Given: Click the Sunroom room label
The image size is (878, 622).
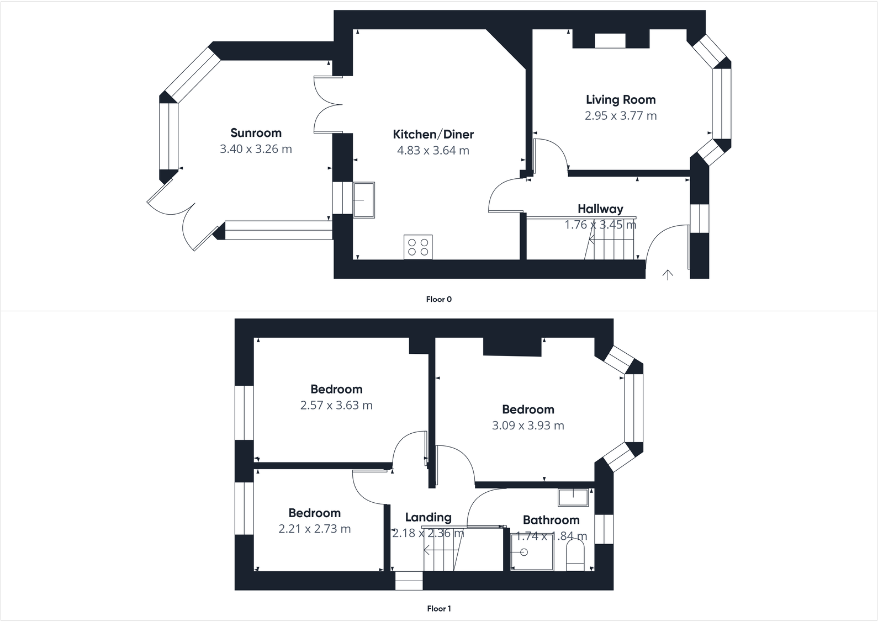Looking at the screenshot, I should point(256,133).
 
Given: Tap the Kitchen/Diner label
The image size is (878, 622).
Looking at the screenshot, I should point(433,134).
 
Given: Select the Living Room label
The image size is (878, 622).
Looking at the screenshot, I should point(621,100).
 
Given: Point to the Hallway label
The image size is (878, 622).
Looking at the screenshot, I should point(600,209).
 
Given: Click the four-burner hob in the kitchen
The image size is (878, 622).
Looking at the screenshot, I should point(418,247).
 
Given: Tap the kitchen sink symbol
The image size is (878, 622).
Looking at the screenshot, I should point(363,200).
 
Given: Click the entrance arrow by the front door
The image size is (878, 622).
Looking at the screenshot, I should point(668,274).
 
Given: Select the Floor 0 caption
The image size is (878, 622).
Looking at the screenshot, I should point(439,300).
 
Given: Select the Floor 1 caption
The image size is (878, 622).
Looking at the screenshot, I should point(439,609).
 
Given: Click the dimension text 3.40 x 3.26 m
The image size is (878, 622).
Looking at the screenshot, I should point(256,149).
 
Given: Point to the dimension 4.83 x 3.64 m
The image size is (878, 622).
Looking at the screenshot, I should point(433,150).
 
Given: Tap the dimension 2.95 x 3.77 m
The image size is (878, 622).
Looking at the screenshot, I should point(621,116).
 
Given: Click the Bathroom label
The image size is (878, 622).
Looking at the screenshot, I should point(551,520).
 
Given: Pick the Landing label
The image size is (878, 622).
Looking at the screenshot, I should point(428,517).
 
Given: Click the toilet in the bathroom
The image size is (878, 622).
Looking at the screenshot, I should point(575,554).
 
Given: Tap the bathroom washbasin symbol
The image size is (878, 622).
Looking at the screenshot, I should point(573,497).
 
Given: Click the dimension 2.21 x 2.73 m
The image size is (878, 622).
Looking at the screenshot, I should point(314,529).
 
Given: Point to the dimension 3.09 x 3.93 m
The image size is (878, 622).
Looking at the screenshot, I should point(528,426).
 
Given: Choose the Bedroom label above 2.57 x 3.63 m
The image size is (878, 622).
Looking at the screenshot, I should point(336,389).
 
